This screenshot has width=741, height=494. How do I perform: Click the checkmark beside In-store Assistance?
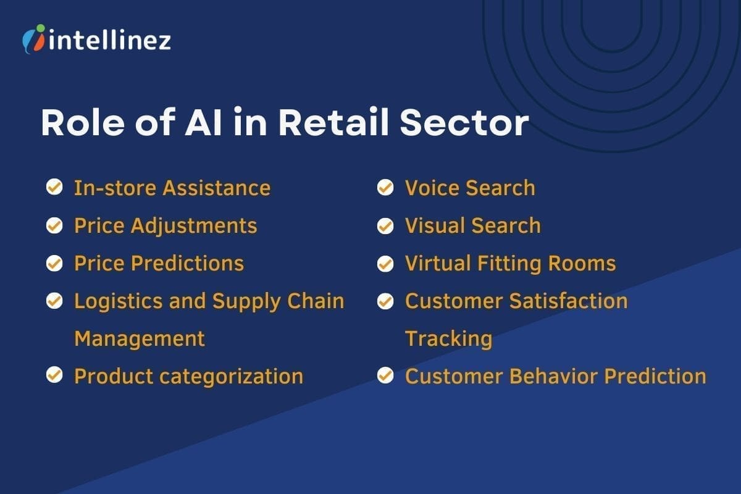click(x=54, y=187)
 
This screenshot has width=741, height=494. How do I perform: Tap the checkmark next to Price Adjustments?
click(x=54, y=225)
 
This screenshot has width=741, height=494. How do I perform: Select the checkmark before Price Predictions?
click(x=54, y=263)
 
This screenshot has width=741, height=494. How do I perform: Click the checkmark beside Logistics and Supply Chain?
click(x=54, y=301)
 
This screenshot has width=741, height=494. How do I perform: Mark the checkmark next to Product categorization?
click(x=54, y=375)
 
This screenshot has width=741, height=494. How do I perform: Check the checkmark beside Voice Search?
click(x=385, y=187)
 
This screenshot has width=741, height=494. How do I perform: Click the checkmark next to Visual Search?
click(x=385, y=225)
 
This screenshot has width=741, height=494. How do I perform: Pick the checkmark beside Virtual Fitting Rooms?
click(x=385, y=264)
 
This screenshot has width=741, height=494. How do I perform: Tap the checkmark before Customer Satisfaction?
click(x=385, y=301)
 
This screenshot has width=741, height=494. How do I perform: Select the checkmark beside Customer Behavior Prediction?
click(x=385, y=375)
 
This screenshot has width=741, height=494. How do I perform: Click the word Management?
click(x=139, y=338)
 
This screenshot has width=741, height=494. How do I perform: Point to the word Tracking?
click(x=448, y=338)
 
